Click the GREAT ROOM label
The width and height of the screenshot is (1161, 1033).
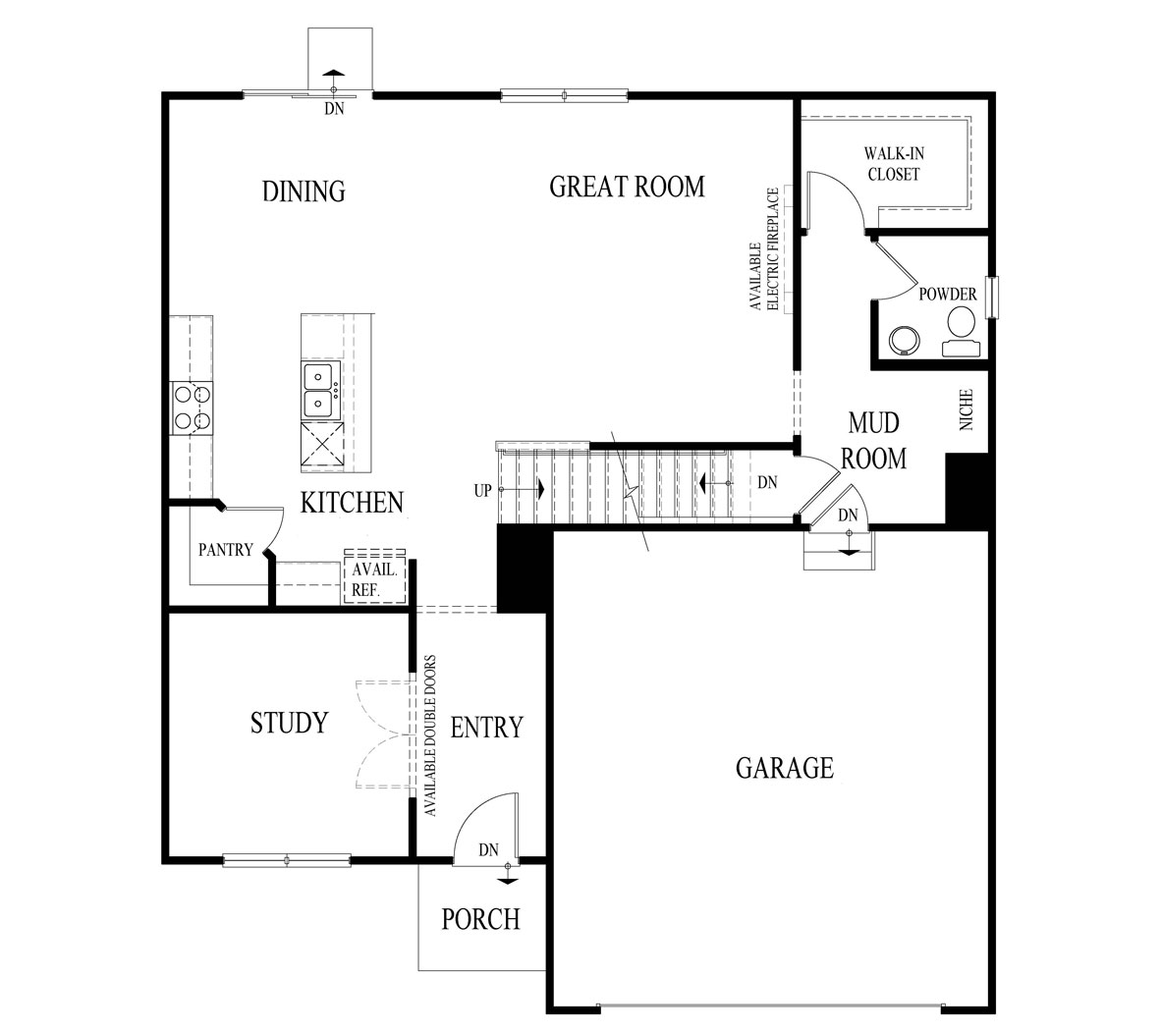(x=627, y=187)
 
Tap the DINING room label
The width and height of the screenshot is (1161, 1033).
(x=304, y=190)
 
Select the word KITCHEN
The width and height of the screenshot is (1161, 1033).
(x=352, y=503)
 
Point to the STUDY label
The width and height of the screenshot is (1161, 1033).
(x=288, y=724)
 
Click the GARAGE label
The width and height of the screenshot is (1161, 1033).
(x=784, y=767)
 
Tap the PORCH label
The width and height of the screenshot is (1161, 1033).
(x=480, y=919)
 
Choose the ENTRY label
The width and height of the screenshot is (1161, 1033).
(x=486, y=728)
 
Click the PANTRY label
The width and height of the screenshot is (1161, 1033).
(x=226, y=550)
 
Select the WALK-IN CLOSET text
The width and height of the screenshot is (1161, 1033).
(x=893, y=164)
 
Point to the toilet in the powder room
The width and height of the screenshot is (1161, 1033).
(x=960, y=329)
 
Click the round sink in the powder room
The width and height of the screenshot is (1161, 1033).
(x=903, y=340)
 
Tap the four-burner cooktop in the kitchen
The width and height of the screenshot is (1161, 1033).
(x=193, y=408)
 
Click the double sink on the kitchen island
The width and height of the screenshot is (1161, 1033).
(x=319, y=389)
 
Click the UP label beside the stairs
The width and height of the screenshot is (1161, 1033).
(x=482, y=490)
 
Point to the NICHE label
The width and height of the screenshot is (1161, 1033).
(x=967, y=410)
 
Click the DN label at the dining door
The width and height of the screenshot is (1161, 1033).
(x=335, y=109)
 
